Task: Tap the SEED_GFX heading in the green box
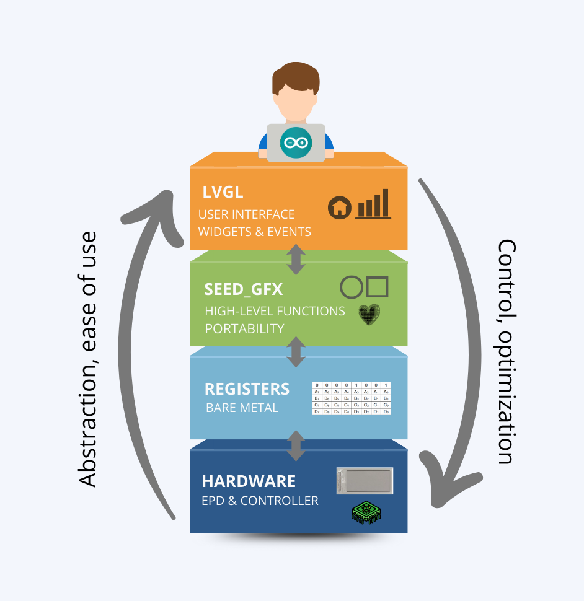[x=243, y=289]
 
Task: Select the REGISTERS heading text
[x=247, y=389]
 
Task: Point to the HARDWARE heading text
[x=249, y=481]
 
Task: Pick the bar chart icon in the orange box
[x=373, y=204]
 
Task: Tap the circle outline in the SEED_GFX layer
[x=352, y=287]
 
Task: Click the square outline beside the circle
[x=377, y=287]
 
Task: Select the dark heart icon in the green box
[x=369, y=315]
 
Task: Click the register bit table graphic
[x=352, y=398]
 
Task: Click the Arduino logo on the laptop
[x=296, y=143]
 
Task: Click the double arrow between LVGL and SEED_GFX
[x=296, y=260]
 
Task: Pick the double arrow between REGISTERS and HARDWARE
[x=296, y=445]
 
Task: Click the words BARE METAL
[x=242, y=408]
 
